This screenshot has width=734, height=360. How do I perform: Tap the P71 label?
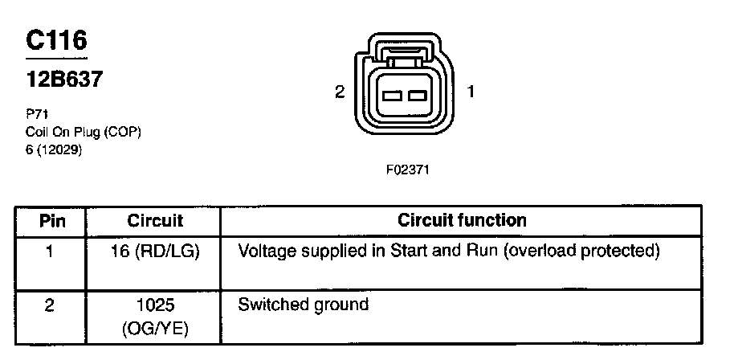[36, 114]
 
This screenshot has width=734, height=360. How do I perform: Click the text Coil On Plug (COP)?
[84, 132]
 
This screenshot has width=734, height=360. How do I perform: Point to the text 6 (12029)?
[55, 149]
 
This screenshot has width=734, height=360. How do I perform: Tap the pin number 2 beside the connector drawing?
[340, 92]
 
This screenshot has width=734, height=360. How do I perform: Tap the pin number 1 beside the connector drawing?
[471, 92]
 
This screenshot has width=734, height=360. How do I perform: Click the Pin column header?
[51, 220]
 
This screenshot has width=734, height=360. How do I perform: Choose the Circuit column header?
[155, 220]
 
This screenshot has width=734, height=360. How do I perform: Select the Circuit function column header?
[462, 220]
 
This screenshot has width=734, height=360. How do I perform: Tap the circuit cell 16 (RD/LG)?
[155, 252]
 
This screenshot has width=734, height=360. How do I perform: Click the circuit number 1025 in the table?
[155, 306]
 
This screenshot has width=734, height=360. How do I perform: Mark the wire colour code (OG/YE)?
[155, 329]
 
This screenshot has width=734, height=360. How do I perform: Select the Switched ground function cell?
[303, 305]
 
